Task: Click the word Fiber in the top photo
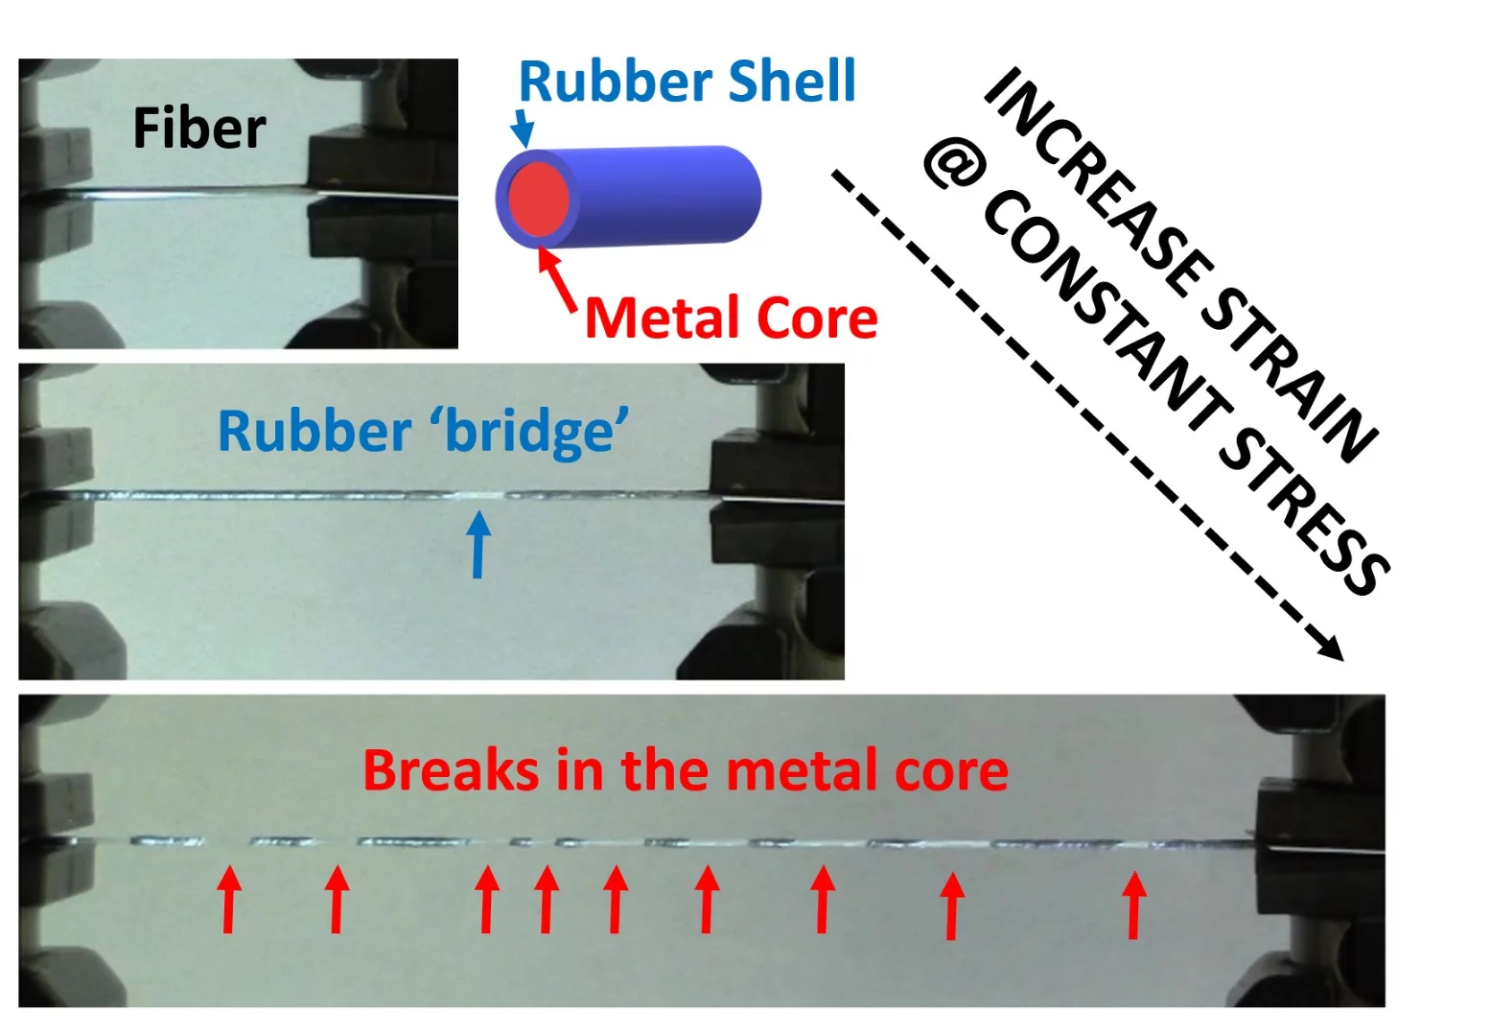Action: click(x=198, y=129)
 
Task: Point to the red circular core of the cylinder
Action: click(x=538, y=199)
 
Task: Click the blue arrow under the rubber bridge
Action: click(x=478, y=544)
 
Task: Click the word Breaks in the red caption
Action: click(x=450, y=770)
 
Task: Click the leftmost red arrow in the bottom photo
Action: click(x=228, y=899)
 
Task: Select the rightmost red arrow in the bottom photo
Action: click(x=1134, y=905)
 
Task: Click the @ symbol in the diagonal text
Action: click(x=954, y=165)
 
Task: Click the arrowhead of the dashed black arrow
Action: click(x=1332, y=649)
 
